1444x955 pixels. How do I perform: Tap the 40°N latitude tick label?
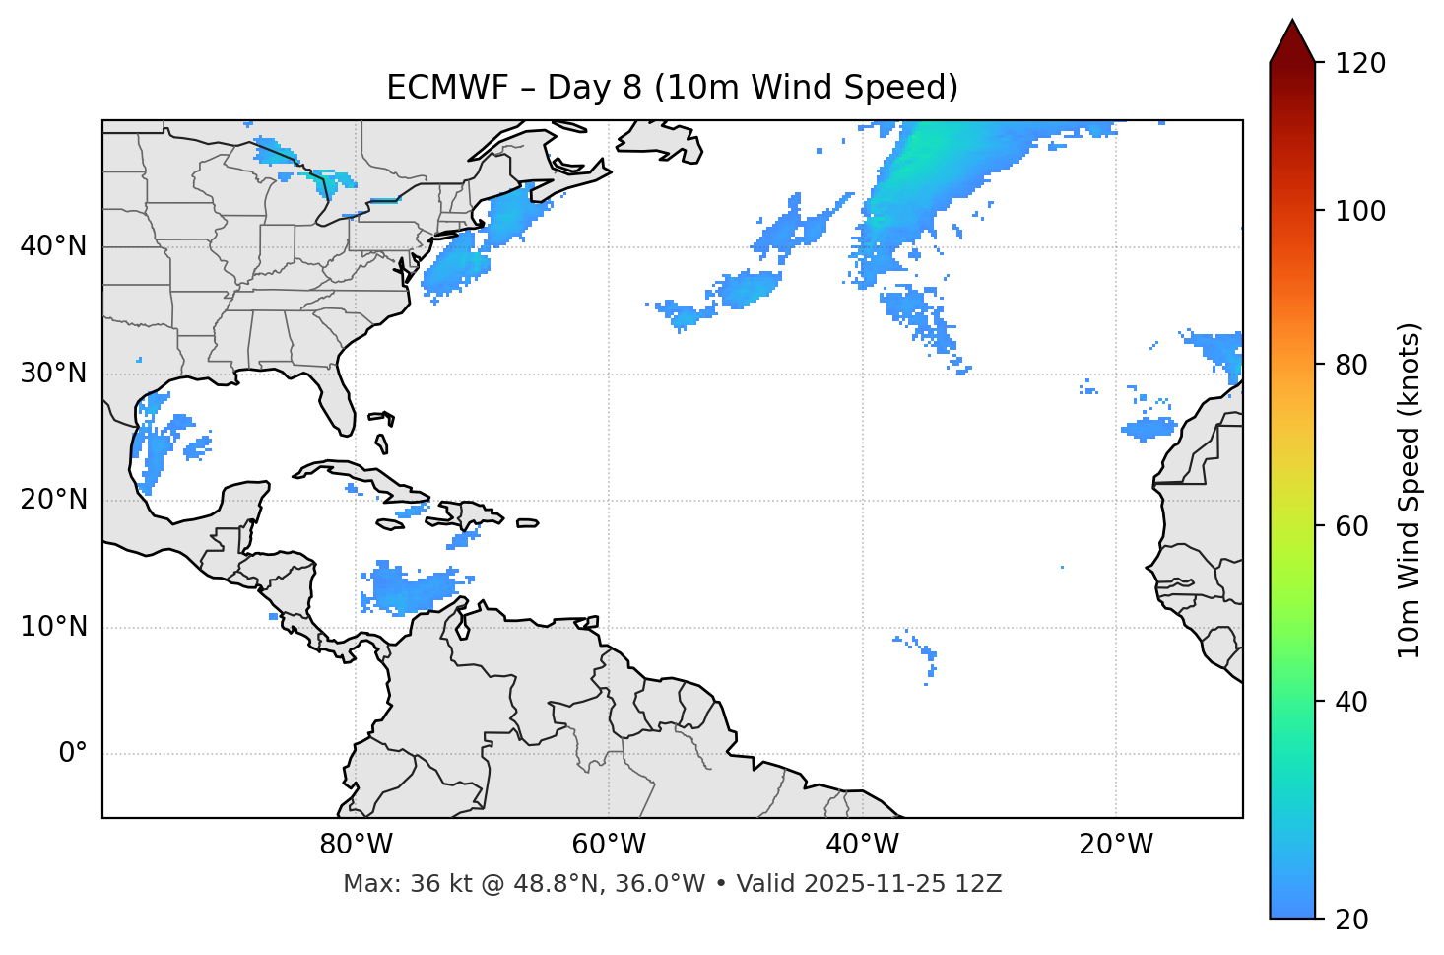(x=53, y=246)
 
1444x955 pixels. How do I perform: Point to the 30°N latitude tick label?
(x=53, y=374)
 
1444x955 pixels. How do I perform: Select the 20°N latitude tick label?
(x=53, y=500)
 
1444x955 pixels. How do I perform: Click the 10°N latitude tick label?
(x=53, y=627)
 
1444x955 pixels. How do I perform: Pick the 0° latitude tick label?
(x=72, y=754)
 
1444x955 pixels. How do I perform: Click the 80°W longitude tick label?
(x=356, y=845)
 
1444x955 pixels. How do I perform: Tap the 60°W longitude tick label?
(x=609, y=845)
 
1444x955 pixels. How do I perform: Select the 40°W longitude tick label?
(x=862, y=845)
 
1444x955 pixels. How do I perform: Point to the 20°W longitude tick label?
(x=1115, y=845)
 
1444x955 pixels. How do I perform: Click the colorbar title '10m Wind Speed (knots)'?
(x=1410, y=490)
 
